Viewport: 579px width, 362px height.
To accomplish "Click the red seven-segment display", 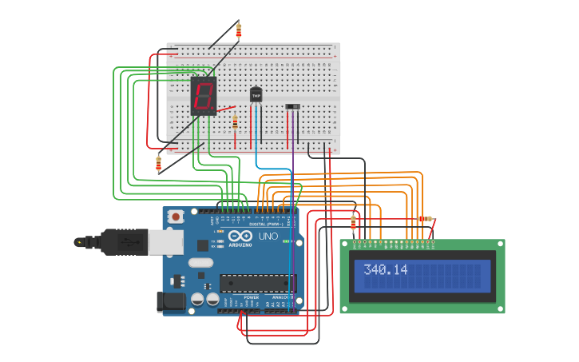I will coord(204,97).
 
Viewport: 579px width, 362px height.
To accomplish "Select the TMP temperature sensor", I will coord(256,95).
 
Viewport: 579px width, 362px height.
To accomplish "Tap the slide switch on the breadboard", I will coord(293,106).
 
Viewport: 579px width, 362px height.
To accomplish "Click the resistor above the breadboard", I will coord(238,31).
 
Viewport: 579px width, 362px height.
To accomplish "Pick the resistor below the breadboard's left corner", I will coord(158,164).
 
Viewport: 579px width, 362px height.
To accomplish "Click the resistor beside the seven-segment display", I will coord(235,122).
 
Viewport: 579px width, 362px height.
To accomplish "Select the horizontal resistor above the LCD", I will coord(425,219).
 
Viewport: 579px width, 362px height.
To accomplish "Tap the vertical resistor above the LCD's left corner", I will coord(353,221).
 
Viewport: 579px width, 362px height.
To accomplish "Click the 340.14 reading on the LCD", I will coord(385,270).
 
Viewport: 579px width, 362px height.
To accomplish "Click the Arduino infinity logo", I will coord(240,237).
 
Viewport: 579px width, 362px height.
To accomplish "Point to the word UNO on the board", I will coord(268,237).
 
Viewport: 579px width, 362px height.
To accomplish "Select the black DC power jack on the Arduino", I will coord(172,301).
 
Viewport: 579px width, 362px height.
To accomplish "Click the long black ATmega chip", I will coord(257,283).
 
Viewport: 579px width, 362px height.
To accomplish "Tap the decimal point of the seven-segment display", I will coord(214,109).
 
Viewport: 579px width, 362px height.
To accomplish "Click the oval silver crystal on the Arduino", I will coord(201,262).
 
